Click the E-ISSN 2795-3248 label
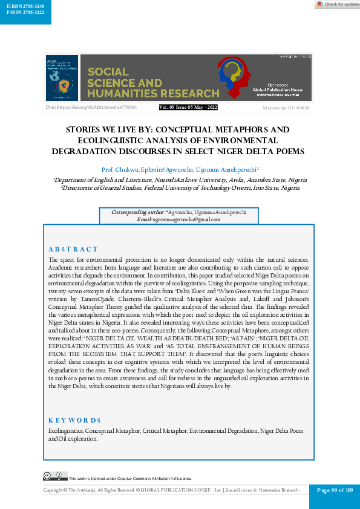[25, 5]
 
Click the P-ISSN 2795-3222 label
[25, 12]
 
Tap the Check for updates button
[337, 4]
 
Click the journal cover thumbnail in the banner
[62, 78]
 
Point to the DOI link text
[83, 107]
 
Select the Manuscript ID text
[287, 108]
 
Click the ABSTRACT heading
[73, 249]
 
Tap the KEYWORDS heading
[74, 420]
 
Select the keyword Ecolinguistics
[65, 430]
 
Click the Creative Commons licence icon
[51, 476]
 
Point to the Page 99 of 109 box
[334, 490]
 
